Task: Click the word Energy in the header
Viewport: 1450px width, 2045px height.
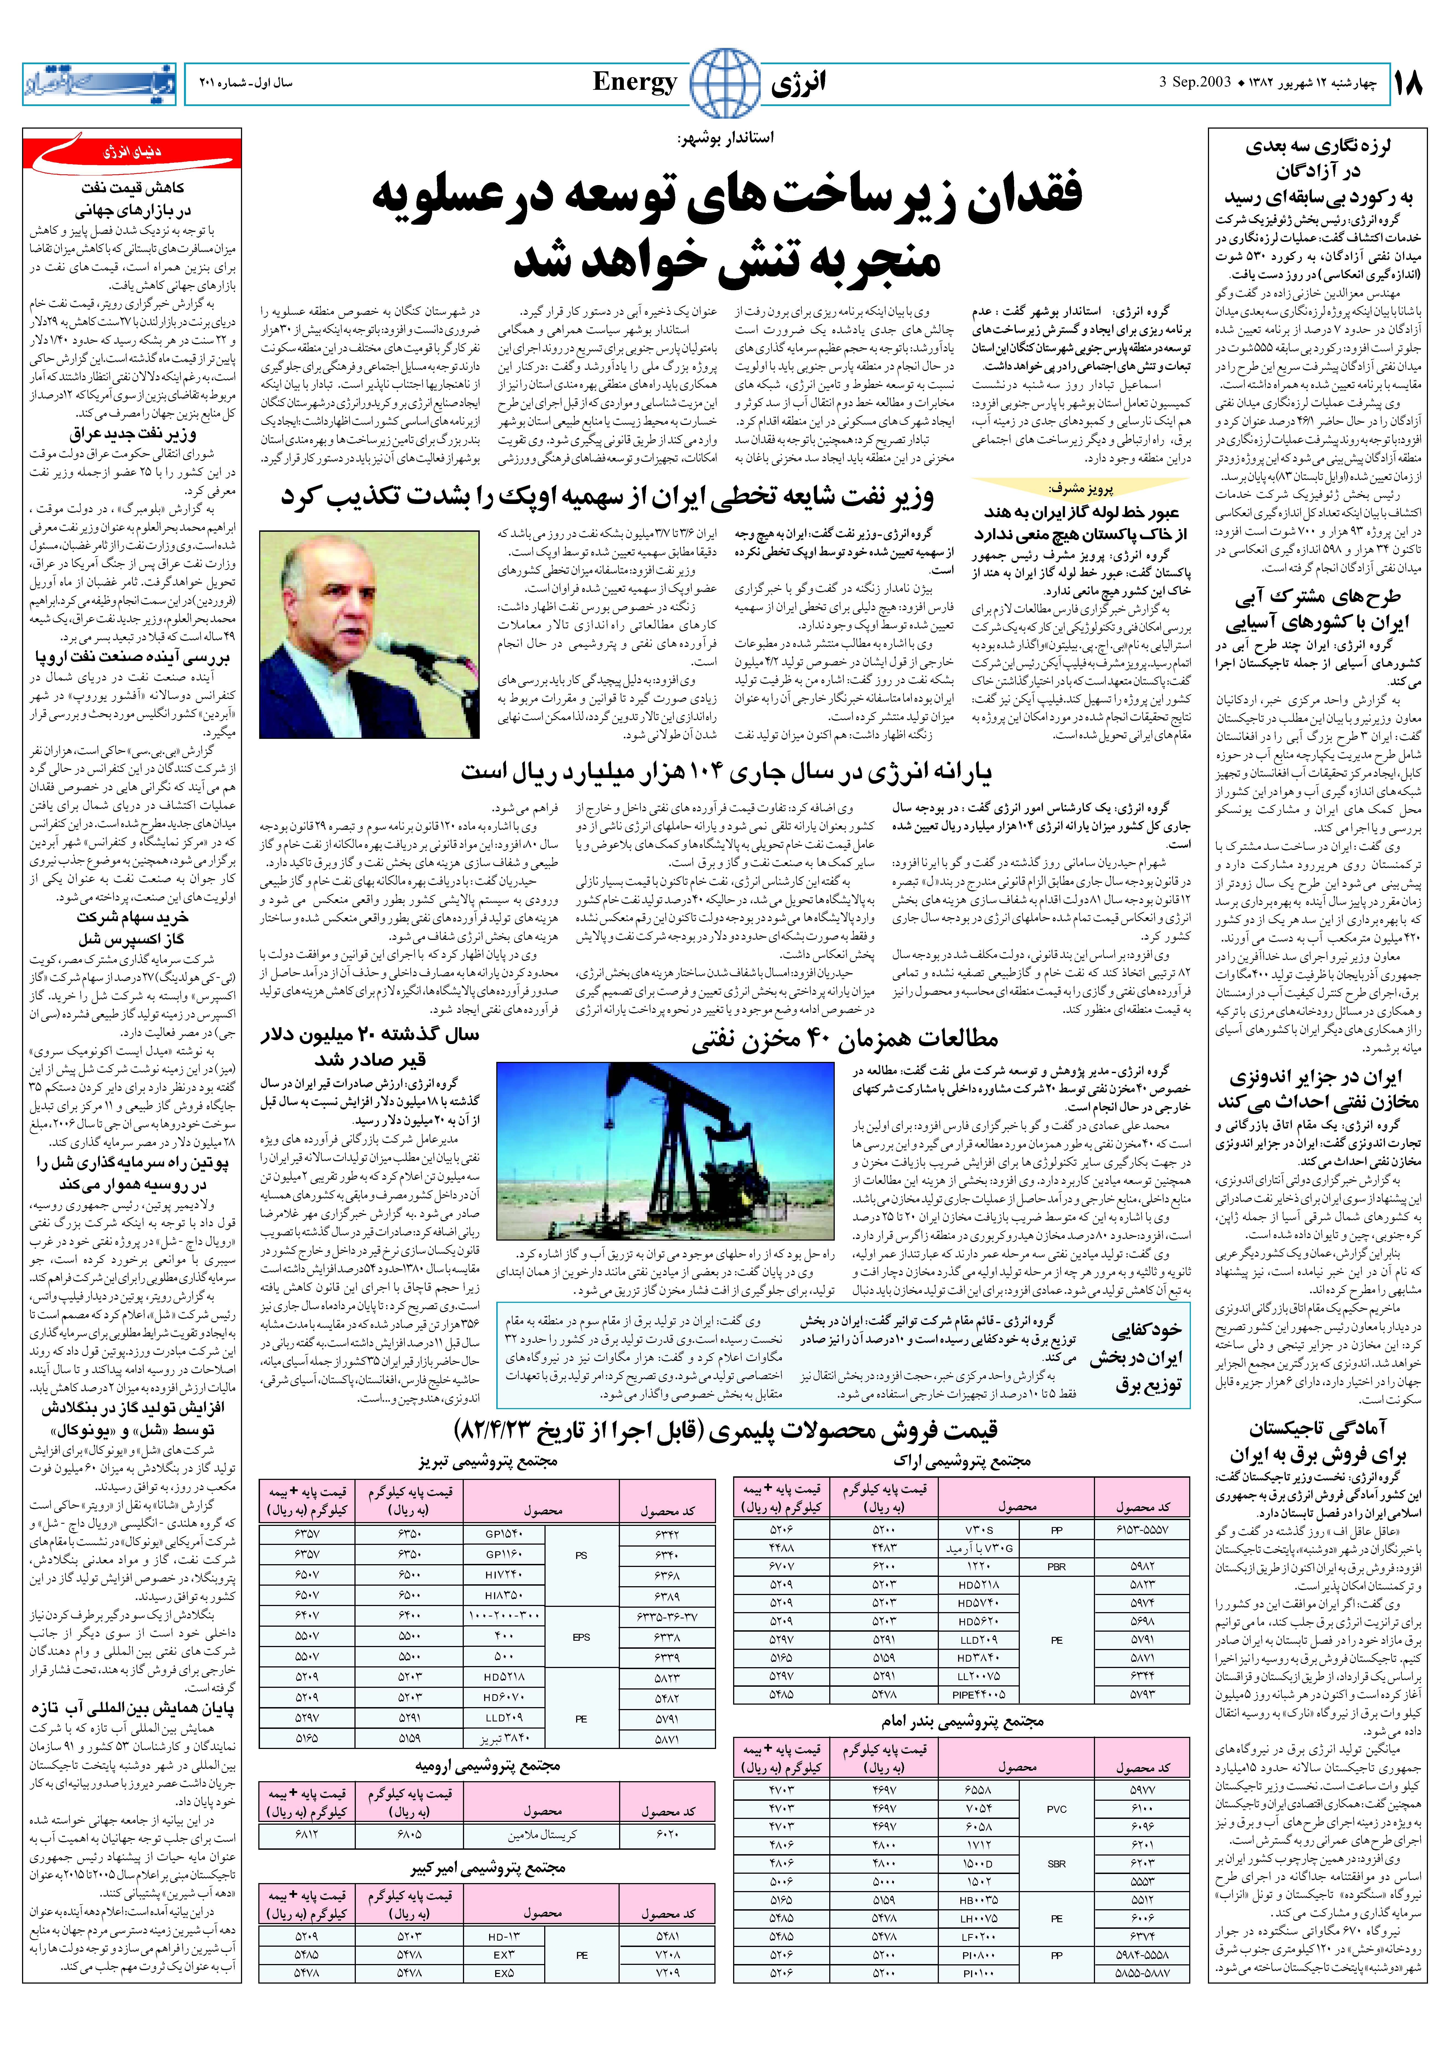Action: coord(635,83)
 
